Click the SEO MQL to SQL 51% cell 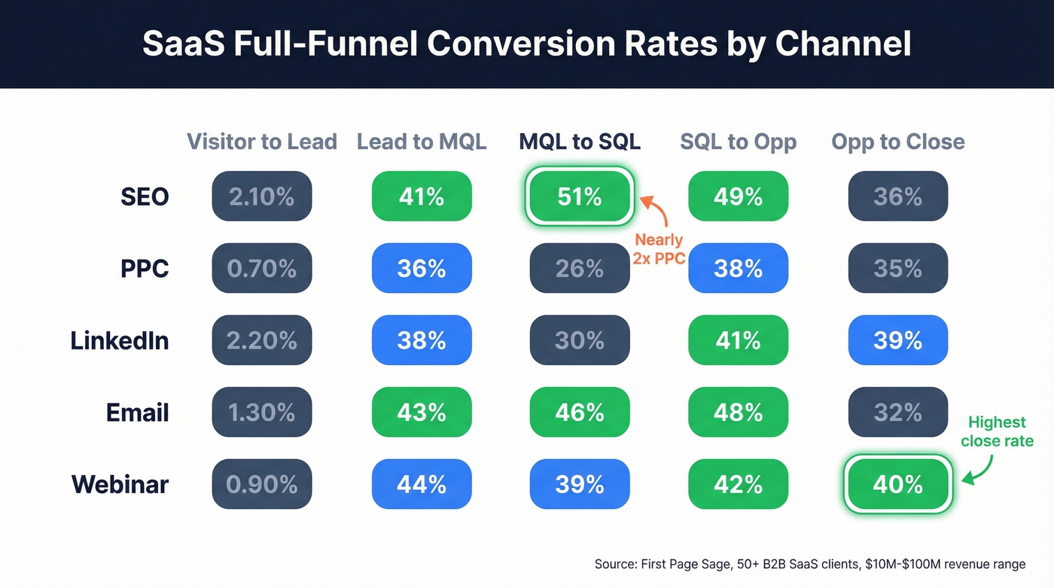580,197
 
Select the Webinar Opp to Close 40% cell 897,485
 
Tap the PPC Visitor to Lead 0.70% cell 261,269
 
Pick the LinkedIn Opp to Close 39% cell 897,340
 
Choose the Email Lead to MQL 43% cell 421,413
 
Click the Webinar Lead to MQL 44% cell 421,485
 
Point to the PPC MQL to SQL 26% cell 580,269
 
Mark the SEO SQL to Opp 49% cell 738,197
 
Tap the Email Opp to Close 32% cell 897,413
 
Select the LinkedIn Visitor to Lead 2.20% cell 261,340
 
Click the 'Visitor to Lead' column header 261,142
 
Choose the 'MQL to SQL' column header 580,142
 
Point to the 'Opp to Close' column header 897,142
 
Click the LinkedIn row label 120,340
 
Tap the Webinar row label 120,485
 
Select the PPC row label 145,269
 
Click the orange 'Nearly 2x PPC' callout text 658,250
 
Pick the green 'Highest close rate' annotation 997,431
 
